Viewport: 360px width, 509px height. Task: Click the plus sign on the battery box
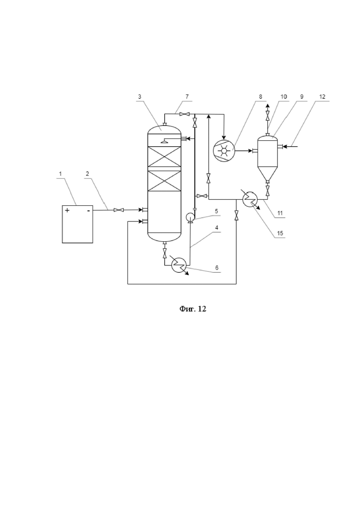pos(67,210)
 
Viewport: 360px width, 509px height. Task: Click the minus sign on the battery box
pos(89,211)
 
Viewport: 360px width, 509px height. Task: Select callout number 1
pos(60,174)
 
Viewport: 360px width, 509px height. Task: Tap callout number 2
pos(87,174)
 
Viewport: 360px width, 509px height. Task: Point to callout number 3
pos(139,97)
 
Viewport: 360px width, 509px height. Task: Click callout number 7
pos(187,97)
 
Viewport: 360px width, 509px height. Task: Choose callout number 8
pos(261,97)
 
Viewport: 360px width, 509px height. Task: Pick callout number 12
pos(322,97)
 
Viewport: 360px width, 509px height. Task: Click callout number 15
pos(280,233)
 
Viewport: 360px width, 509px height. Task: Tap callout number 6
pos(216,268)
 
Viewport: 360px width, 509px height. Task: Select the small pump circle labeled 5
pos(190,217)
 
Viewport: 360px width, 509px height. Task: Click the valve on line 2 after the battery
pos(119,210)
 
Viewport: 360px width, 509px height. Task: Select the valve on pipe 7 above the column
pos(184,114)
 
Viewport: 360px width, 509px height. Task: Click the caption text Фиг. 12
pos(193,309)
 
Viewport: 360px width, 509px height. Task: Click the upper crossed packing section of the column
pos(164,158)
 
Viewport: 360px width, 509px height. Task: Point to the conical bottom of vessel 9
pos(268,174)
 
